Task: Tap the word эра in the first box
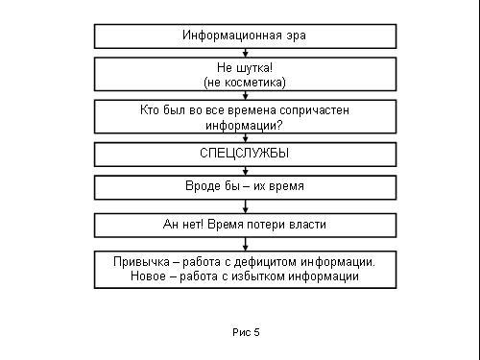tap(296, 36)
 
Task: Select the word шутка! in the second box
tap(254, 68)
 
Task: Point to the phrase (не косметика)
tap(245, 83)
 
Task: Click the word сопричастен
tap(314, 110)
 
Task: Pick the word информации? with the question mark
tap(244, 126)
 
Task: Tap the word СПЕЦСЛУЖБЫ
tap(245, 154)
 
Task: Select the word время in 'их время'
tap(286, 186)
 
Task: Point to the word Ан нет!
tap(183, 224)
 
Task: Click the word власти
tap(307, 225)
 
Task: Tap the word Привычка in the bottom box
tap(141, 262)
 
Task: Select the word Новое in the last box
tap(148, 276)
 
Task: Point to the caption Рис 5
tap(246, 332)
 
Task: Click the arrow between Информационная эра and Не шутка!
tap(246, 53)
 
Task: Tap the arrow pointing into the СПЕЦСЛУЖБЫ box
tap(246, 138)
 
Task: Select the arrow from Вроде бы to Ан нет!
tap(246, 206)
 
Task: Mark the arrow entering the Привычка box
tap(246, 244)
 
